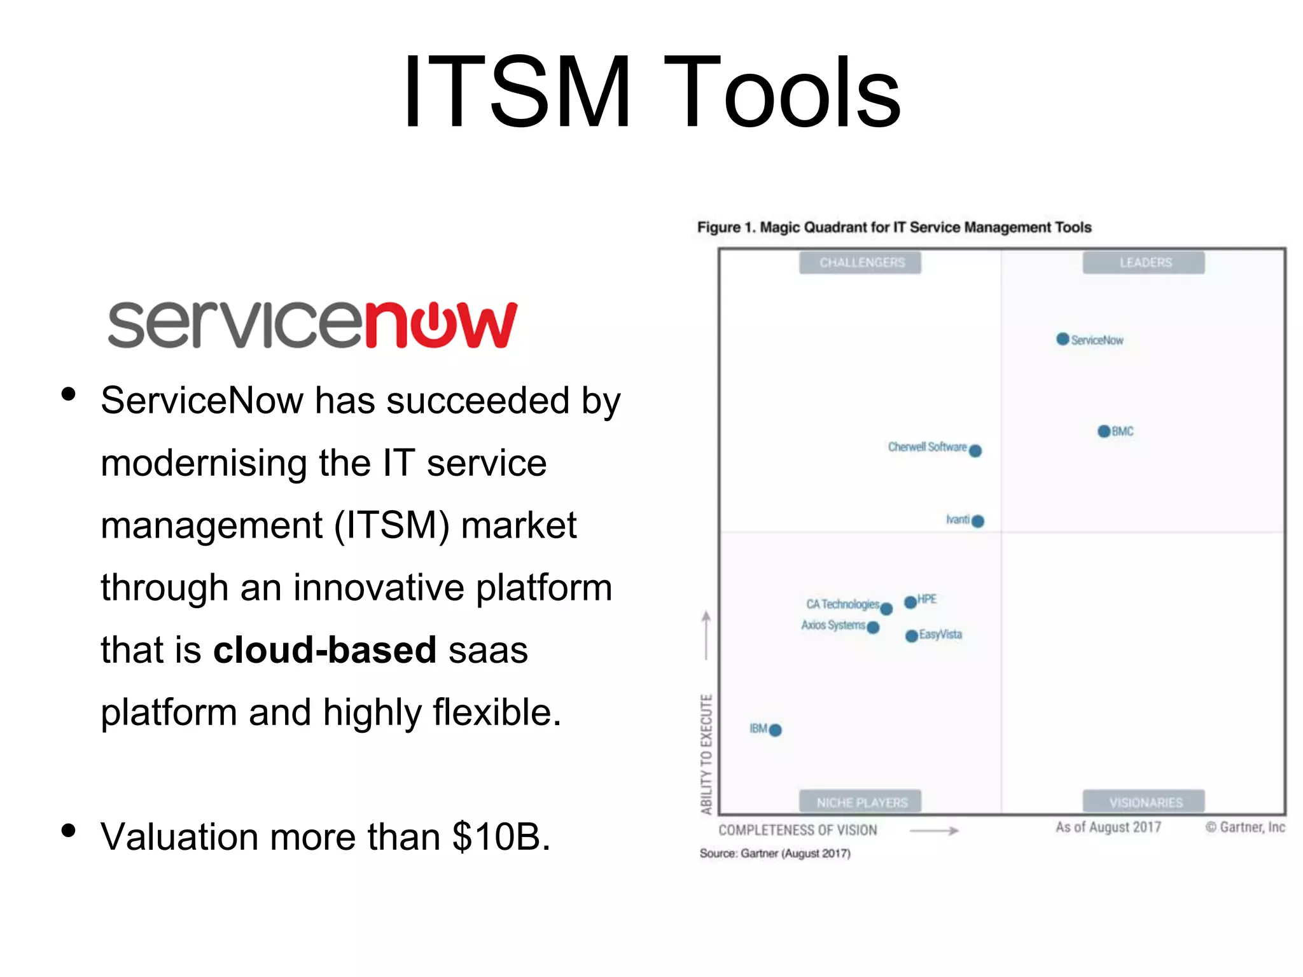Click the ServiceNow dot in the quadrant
point(1063,339)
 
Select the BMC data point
point(1104,431)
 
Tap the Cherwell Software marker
point(975,451)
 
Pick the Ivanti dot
point(978,521)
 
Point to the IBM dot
point(775,730)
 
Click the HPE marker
point(910,602)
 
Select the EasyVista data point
point(911,636)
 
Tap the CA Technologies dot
point(886,609)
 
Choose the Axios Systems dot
point(873,628)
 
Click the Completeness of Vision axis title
point(798,830)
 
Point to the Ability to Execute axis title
point(706,754)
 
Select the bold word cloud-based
point(324,649)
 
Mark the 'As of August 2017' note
point(1108,827)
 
